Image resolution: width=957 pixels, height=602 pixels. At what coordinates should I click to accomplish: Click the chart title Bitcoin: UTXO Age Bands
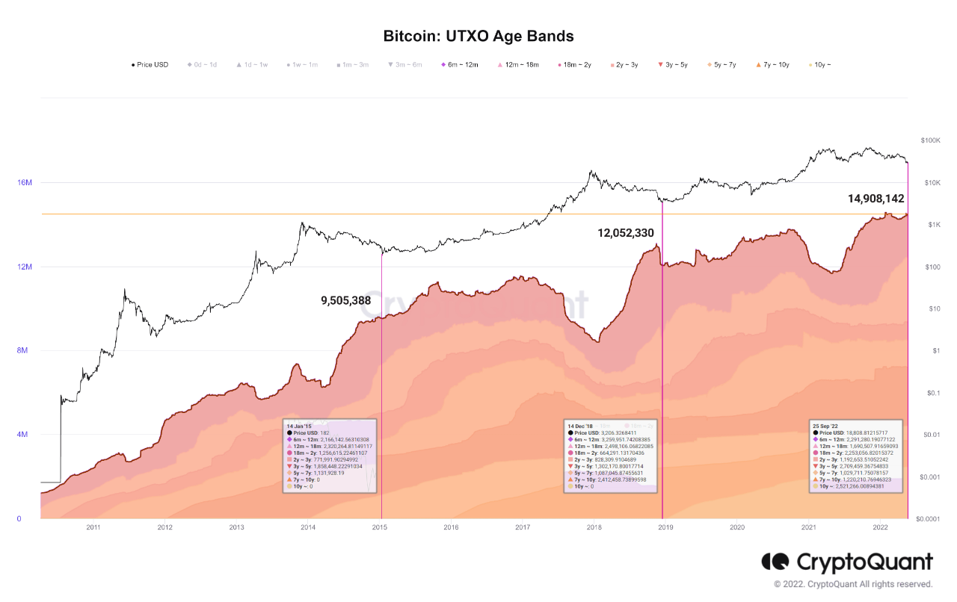pos(478,36)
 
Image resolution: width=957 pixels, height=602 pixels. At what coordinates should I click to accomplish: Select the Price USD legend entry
pos(152,65)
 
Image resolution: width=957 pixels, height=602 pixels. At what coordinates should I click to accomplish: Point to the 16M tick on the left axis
pos(24,183)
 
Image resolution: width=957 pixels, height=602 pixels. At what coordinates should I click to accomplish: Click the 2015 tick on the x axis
pos(380,528)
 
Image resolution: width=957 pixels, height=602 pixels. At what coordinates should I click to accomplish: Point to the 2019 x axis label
pos(665,528)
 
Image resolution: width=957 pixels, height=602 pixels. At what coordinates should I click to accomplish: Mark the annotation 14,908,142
pos(876,199)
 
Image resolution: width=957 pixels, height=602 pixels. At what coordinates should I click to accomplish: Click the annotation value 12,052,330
pos(626,233)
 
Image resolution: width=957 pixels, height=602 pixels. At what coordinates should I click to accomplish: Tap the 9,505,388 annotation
pos(345,301)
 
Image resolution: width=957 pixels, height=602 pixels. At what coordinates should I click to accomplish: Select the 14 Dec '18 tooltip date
pos(582,425)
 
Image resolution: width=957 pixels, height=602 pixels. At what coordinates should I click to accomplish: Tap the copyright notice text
pos(853,584)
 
